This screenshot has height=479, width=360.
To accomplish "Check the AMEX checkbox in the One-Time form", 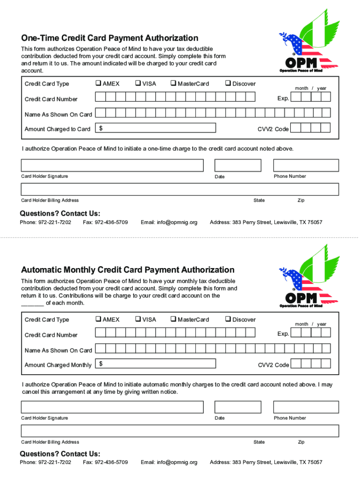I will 98,84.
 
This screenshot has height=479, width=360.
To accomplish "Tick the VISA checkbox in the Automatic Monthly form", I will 138,319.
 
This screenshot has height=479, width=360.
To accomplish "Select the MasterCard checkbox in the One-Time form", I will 173,84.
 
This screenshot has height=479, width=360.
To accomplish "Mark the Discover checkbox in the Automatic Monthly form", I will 228,319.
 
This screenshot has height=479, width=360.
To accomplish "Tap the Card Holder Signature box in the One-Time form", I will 112,166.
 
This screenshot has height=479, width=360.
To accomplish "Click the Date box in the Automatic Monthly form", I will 238,407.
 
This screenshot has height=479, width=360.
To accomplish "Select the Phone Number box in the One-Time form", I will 306,166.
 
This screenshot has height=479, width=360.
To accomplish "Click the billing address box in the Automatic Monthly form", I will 180,431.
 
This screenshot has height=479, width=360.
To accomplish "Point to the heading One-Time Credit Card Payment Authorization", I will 110,38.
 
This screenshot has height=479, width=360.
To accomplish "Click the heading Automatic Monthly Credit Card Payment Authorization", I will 128,270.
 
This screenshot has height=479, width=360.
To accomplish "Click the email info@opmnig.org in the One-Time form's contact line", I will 169,222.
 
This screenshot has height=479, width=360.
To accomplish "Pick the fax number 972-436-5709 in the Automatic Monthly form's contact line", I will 105,462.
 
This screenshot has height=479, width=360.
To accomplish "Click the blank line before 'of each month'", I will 33,304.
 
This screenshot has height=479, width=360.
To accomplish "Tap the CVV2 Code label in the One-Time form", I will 274,129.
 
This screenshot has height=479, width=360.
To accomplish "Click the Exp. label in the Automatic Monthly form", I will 283,334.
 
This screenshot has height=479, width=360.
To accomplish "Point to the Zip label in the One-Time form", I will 301,200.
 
